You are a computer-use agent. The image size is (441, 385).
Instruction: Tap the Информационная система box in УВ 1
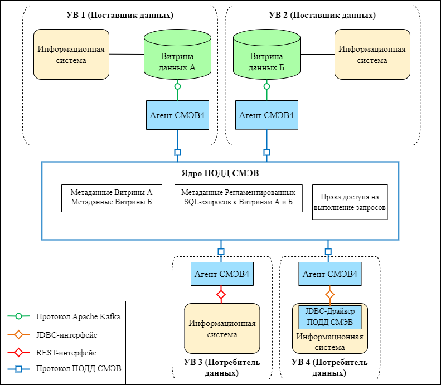71,54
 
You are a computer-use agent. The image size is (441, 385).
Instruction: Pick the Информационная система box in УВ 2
372,54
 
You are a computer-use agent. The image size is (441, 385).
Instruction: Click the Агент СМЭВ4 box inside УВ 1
177,115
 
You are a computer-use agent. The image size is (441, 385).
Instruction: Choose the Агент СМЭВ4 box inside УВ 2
266,115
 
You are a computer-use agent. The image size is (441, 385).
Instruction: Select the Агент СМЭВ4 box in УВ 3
221,274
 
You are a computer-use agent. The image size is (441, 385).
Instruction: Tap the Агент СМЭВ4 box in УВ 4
329,274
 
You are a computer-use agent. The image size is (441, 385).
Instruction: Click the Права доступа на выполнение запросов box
350,202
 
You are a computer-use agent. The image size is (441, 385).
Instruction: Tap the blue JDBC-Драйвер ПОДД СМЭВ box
331,316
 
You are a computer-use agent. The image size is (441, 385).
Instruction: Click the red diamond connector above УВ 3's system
221,294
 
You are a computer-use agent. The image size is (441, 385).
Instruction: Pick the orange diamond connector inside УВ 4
329,294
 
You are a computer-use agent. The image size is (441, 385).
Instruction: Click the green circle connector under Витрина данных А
177,86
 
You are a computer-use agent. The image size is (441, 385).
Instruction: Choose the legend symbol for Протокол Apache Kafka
18,316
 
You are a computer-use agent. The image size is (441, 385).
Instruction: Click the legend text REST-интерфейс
66,352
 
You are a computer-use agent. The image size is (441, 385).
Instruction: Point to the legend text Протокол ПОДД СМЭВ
77,369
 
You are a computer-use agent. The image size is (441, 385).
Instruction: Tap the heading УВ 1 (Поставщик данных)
119,15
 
